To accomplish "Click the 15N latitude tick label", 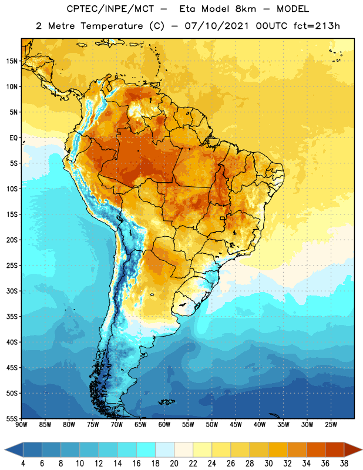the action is tap(12, 61).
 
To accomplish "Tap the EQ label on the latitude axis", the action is tap(14, 138).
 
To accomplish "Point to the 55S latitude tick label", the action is tap(12, 418).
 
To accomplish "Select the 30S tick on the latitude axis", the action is tap(12, 291).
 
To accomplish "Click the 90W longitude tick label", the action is tap(21, 425).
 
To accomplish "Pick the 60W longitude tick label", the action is tap(164, 425).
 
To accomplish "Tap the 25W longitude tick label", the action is tap(331, 425).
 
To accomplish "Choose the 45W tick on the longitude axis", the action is tap(236, 425).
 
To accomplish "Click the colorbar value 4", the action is tap(23, 464).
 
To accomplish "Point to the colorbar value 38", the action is tap(344, 464).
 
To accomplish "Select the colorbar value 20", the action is tap(174, 464).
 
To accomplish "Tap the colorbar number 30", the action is tap(268, 464).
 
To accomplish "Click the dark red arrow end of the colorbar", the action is tap(352, 450).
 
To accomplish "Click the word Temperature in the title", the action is tap(112, 26).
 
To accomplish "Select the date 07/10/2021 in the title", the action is tap(217, 26).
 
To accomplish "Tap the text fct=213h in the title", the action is tap(317, 26).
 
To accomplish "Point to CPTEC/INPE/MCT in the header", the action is tap(110, 9).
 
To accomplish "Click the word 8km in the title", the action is tap(246, 9).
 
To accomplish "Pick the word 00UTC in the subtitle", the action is tap(271, 26).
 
